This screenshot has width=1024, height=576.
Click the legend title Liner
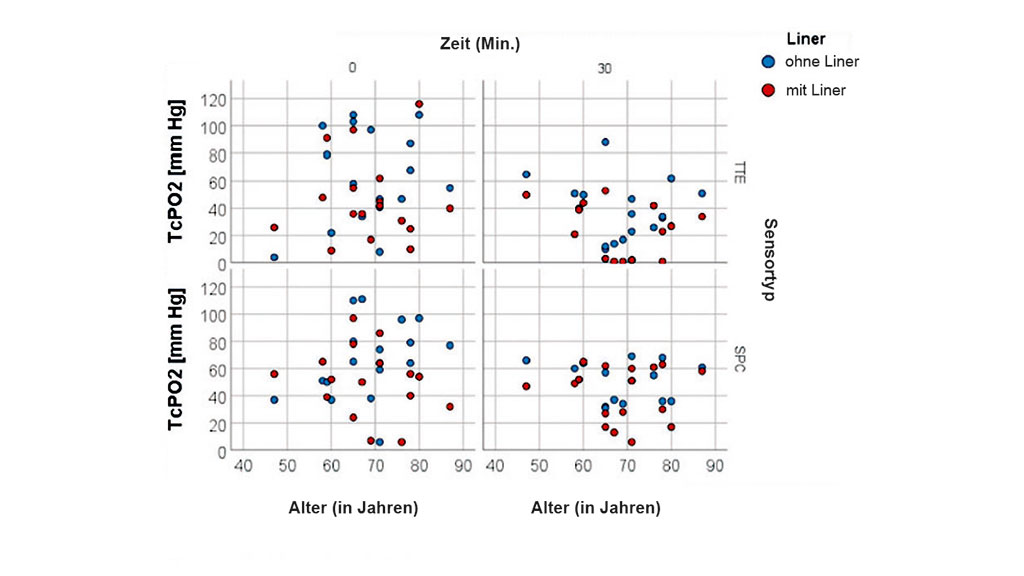point(806,39)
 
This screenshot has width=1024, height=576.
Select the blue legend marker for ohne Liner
point(768,61)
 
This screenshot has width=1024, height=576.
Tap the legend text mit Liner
point(815,90)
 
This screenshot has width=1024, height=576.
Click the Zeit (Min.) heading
point(480,44)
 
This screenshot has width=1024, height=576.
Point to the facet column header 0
point(353,68)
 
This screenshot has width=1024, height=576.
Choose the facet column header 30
point(604,68)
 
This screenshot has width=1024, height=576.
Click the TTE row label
point(738,172)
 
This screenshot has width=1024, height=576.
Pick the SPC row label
point(738,360)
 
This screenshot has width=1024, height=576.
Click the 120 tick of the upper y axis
point(212,100)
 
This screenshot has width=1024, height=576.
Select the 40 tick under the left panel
point(242,466)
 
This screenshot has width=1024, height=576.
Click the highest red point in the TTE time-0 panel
point(419,104)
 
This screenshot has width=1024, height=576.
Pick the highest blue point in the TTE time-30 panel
point(605,142)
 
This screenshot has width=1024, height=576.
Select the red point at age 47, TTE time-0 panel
point(274,228)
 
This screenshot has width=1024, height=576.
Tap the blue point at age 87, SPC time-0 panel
point(450,346)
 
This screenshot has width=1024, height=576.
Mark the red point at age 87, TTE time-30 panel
point(702,217)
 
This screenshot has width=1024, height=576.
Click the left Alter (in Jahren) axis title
point(345,508)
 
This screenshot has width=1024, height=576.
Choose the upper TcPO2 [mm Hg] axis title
point(178,172)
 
